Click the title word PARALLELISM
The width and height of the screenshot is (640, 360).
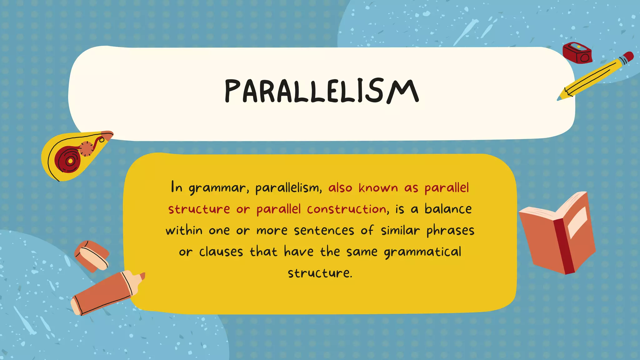point(322,91)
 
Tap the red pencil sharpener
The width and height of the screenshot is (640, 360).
point(577,53)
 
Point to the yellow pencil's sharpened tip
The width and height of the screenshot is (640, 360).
point(560,99)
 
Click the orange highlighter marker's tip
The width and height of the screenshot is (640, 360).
point(142,277)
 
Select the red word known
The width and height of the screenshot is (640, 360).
point(378,188)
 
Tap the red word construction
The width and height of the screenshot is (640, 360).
point(347,209)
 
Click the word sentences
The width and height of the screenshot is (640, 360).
point(324,231)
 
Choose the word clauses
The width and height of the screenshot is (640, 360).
point(221,252)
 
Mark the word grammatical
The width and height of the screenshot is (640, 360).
point(422,252)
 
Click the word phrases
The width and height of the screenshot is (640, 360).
point(450,231)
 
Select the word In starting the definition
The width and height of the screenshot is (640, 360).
point(177,187)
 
